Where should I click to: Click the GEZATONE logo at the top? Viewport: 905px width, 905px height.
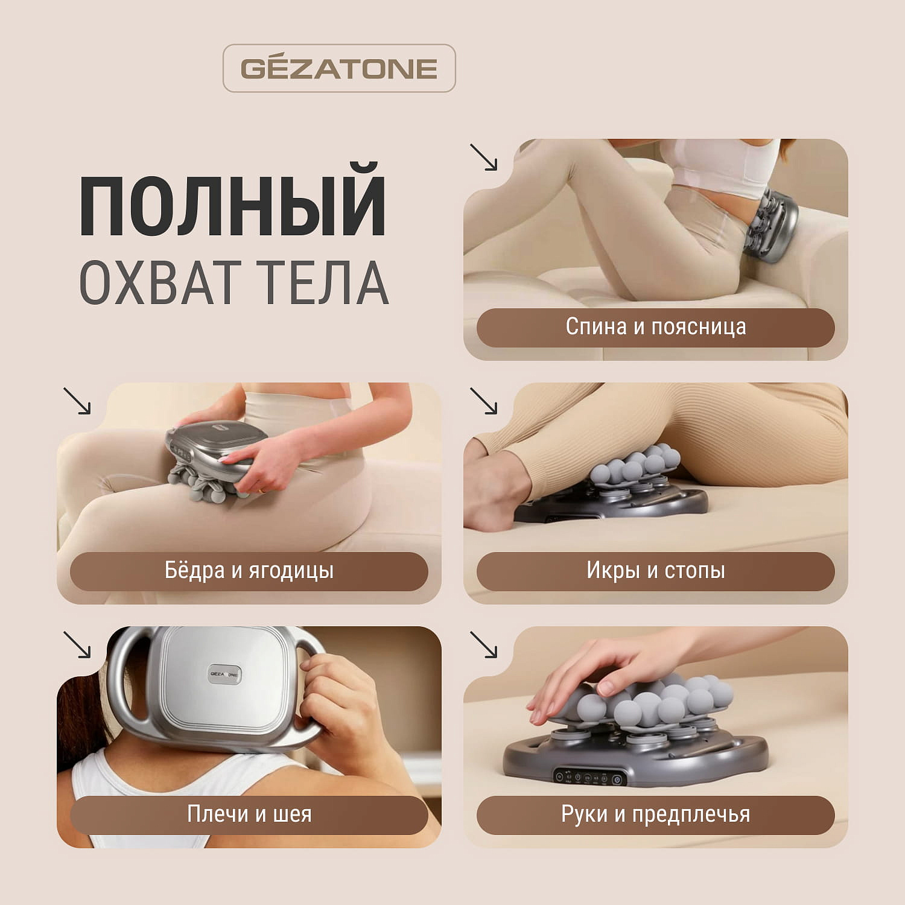click(339, 68)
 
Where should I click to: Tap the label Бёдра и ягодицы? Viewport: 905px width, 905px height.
click(249, 571)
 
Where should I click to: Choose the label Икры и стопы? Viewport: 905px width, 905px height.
click(655, 571)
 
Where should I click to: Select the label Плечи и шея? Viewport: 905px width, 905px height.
click(249, 815)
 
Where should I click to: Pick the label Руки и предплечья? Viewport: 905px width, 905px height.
click(655, 815)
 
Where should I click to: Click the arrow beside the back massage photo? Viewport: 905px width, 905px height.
click(484, 157)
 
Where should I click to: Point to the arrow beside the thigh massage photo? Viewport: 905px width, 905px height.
click(77, 401)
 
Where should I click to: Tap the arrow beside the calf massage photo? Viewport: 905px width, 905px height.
click(484, 401)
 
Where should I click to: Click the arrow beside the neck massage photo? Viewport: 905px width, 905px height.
click(77, 644)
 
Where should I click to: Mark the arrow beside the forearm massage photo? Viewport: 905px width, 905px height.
click(484, 644)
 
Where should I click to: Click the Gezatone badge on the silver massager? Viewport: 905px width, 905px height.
click(224, 674)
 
